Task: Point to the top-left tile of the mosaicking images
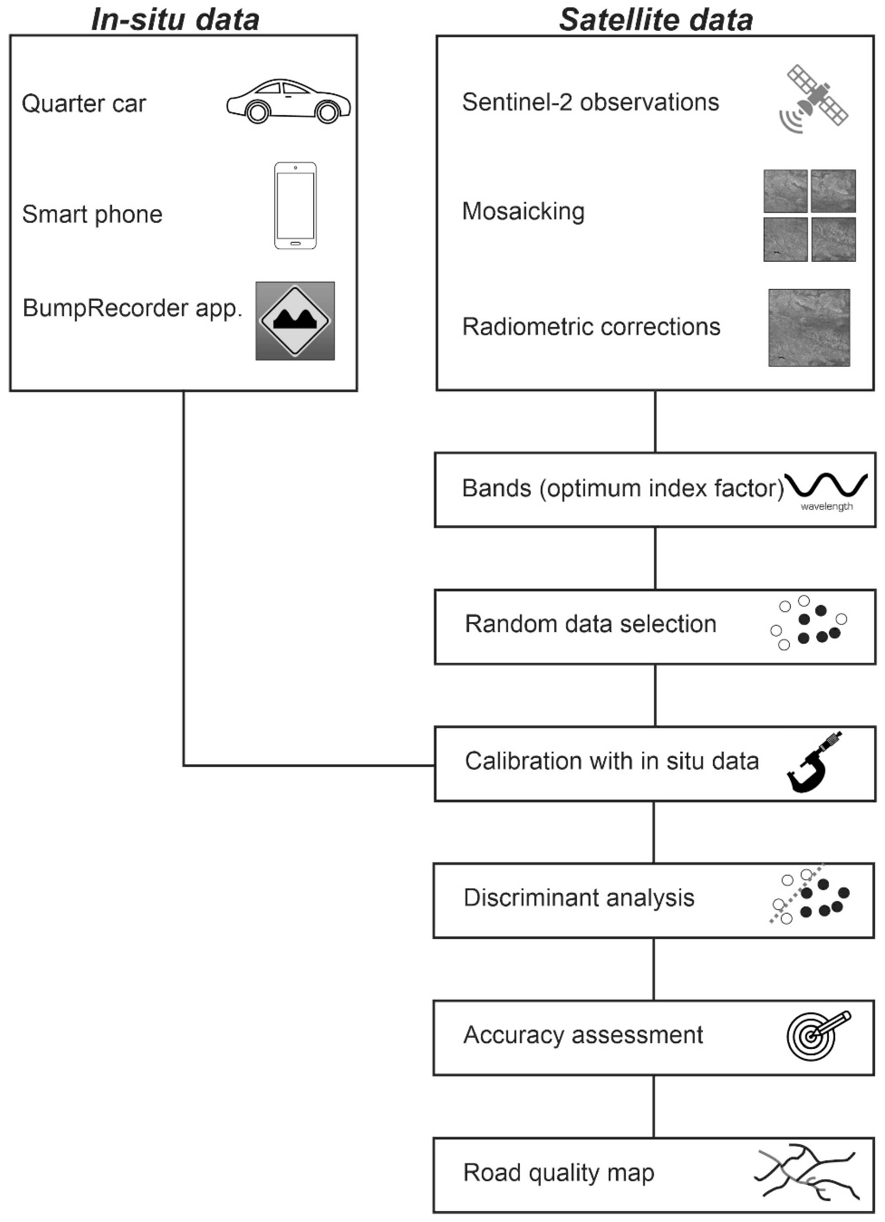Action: pos(785,191)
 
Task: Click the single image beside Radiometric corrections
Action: pos(809,328)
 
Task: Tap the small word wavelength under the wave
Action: pos(826,507)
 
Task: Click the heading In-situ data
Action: pos(175,19)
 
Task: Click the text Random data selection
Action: pos(590,624)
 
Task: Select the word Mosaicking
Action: pos(523,211)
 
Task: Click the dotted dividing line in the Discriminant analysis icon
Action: pos(797,894)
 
